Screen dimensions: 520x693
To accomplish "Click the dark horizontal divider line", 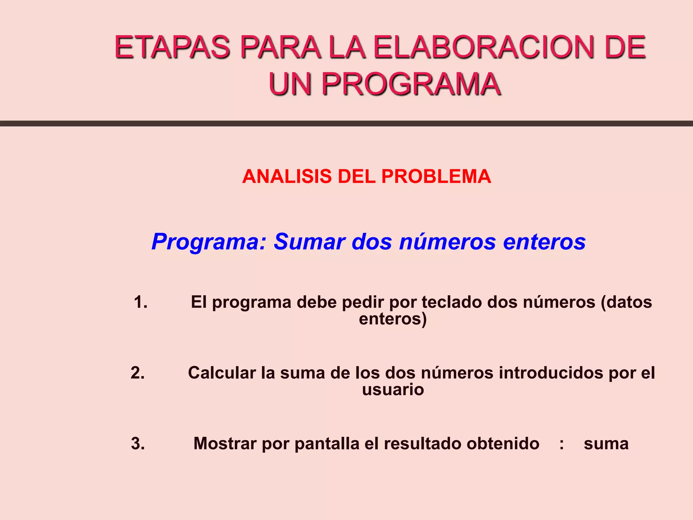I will click(x=346, y=124).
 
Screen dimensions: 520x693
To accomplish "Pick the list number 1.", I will click(x=140, y=302).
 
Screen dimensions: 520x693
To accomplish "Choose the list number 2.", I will click(x=138, y=373).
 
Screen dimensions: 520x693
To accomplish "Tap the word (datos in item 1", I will click(x=626, y=302).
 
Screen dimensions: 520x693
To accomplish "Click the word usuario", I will click(x=393, y=390).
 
